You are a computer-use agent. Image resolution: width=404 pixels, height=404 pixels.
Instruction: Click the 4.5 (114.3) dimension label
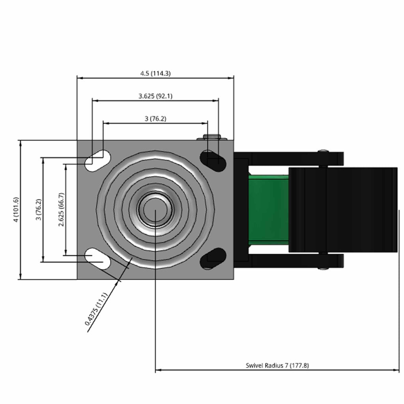[155, 73]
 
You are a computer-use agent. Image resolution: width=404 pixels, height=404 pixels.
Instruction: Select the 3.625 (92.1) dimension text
[155, 96]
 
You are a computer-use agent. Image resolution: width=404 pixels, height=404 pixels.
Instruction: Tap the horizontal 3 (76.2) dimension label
[155, 119]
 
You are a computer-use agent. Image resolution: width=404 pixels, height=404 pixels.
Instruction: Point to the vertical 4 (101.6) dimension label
[16, 210]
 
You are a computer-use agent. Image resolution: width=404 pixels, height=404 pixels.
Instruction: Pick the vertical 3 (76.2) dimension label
[39, 209]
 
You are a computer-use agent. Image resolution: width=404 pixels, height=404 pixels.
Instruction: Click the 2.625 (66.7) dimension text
[61, 209]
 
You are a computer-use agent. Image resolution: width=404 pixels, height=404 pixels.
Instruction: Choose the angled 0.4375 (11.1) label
[95, 309]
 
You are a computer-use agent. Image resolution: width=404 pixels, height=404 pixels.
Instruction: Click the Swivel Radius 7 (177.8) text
[277, 365]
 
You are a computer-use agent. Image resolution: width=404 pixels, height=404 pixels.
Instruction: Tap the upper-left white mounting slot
[98, 161]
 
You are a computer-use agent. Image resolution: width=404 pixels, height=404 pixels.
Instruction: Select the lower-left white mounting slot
[98, 259]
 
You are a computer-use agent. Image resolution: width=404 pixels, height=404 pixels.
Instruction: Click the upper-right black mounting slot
[213, 161]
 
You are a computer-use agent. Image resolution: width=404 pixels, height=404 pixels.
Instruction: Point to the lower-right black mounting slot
[213, 259]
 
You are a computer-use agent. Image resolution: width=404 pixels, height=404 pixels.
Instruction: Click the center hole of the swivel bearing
[155, 210]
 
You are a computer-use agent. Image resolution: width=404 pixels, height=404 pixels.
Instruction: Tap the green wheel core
[268, 210]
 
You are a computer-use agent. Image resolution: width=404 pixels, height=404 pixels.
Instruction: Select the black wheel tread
[343, 210]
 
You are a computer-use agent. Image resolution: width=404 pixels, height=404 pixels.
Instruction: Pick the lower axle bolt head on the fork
[324, 268]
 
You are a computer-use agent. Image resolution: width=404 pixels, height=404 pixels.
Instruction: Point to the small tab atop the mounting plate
[212, 137]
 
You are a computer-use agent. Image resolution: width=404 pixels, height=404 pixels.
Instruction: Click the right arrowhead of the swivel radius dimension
[396, 370]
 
